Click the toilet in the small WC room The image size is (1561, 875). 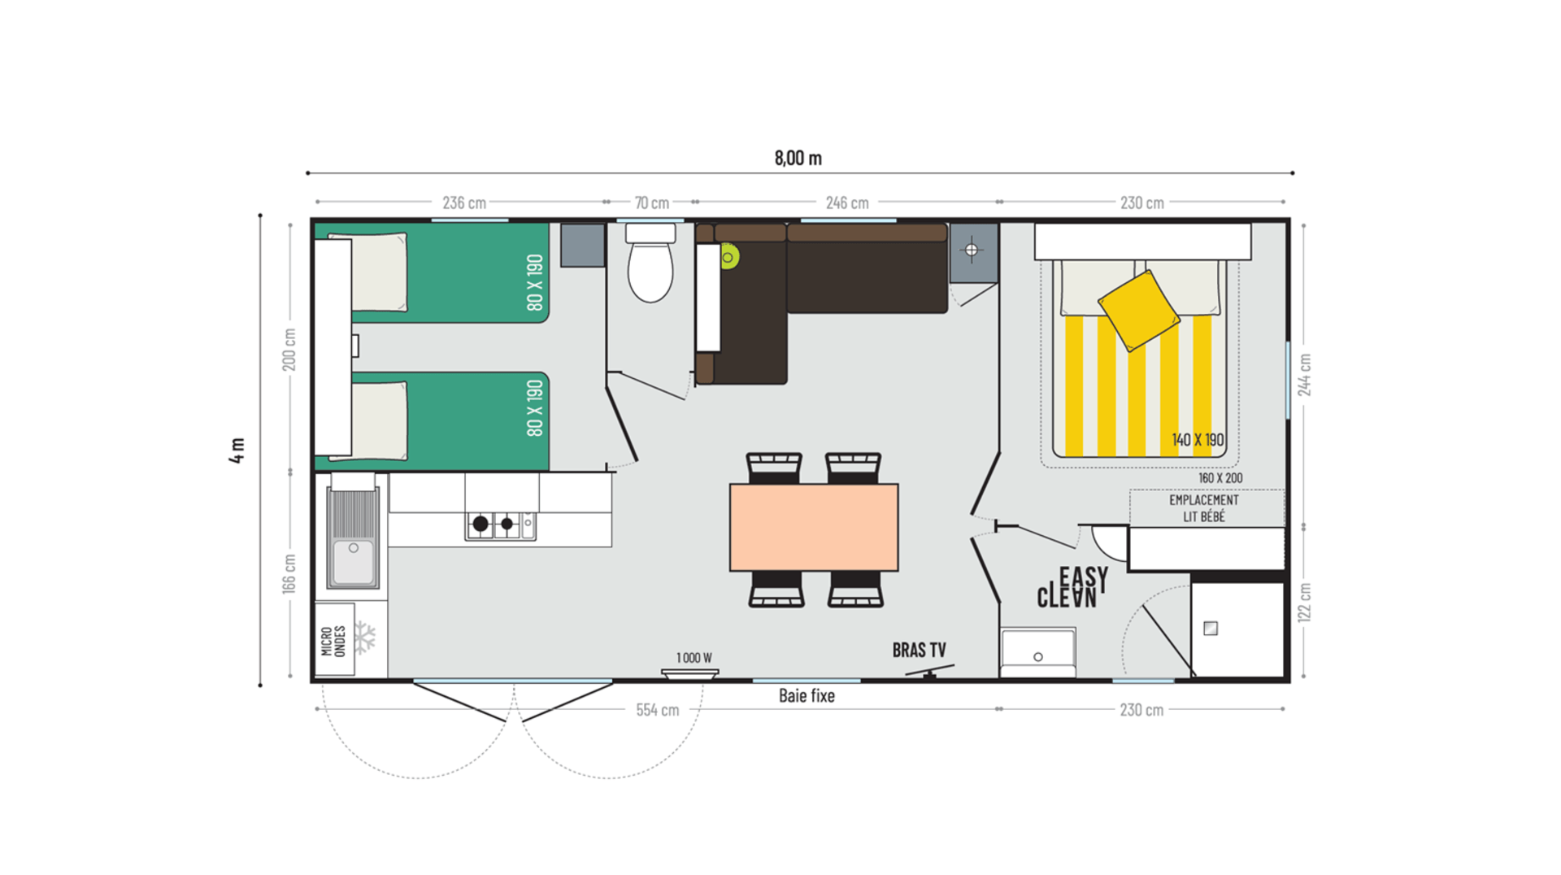pos(650,267)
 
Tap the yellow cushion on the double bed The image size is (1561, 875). pos(1138,310)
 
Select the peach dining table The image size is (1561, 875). pos(814,527)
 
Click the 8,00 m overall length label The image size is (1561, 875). pos(798,158)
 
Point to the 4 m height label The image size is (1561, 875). pos(237,450)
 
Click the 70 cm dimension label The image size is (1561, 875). pos(651,202)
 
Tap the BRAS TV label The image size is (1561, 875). pos(919,650)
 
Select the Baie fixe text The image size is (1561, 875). pos(807,695)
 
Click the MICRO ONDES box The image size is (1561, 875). pos(334,640)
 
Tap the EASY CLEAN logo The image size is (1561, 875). pos(1072,587)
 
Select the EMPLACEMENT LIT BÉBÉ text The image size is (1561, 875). pos(1204,508)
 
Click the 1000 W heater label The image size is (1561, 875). pos(694,658)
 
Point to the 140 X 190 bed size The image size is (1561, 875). pos(1198,440)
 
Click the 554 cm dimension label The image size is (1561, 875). pos(657,710)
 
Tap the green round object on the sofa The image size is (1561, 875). pos(728,258)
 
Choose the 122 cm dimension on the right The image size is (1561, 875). pos(1304,603)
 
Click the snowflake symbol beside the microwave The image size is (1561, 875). pos(366,638)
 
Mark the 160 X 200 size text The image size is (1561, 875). pos(1220,478)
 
